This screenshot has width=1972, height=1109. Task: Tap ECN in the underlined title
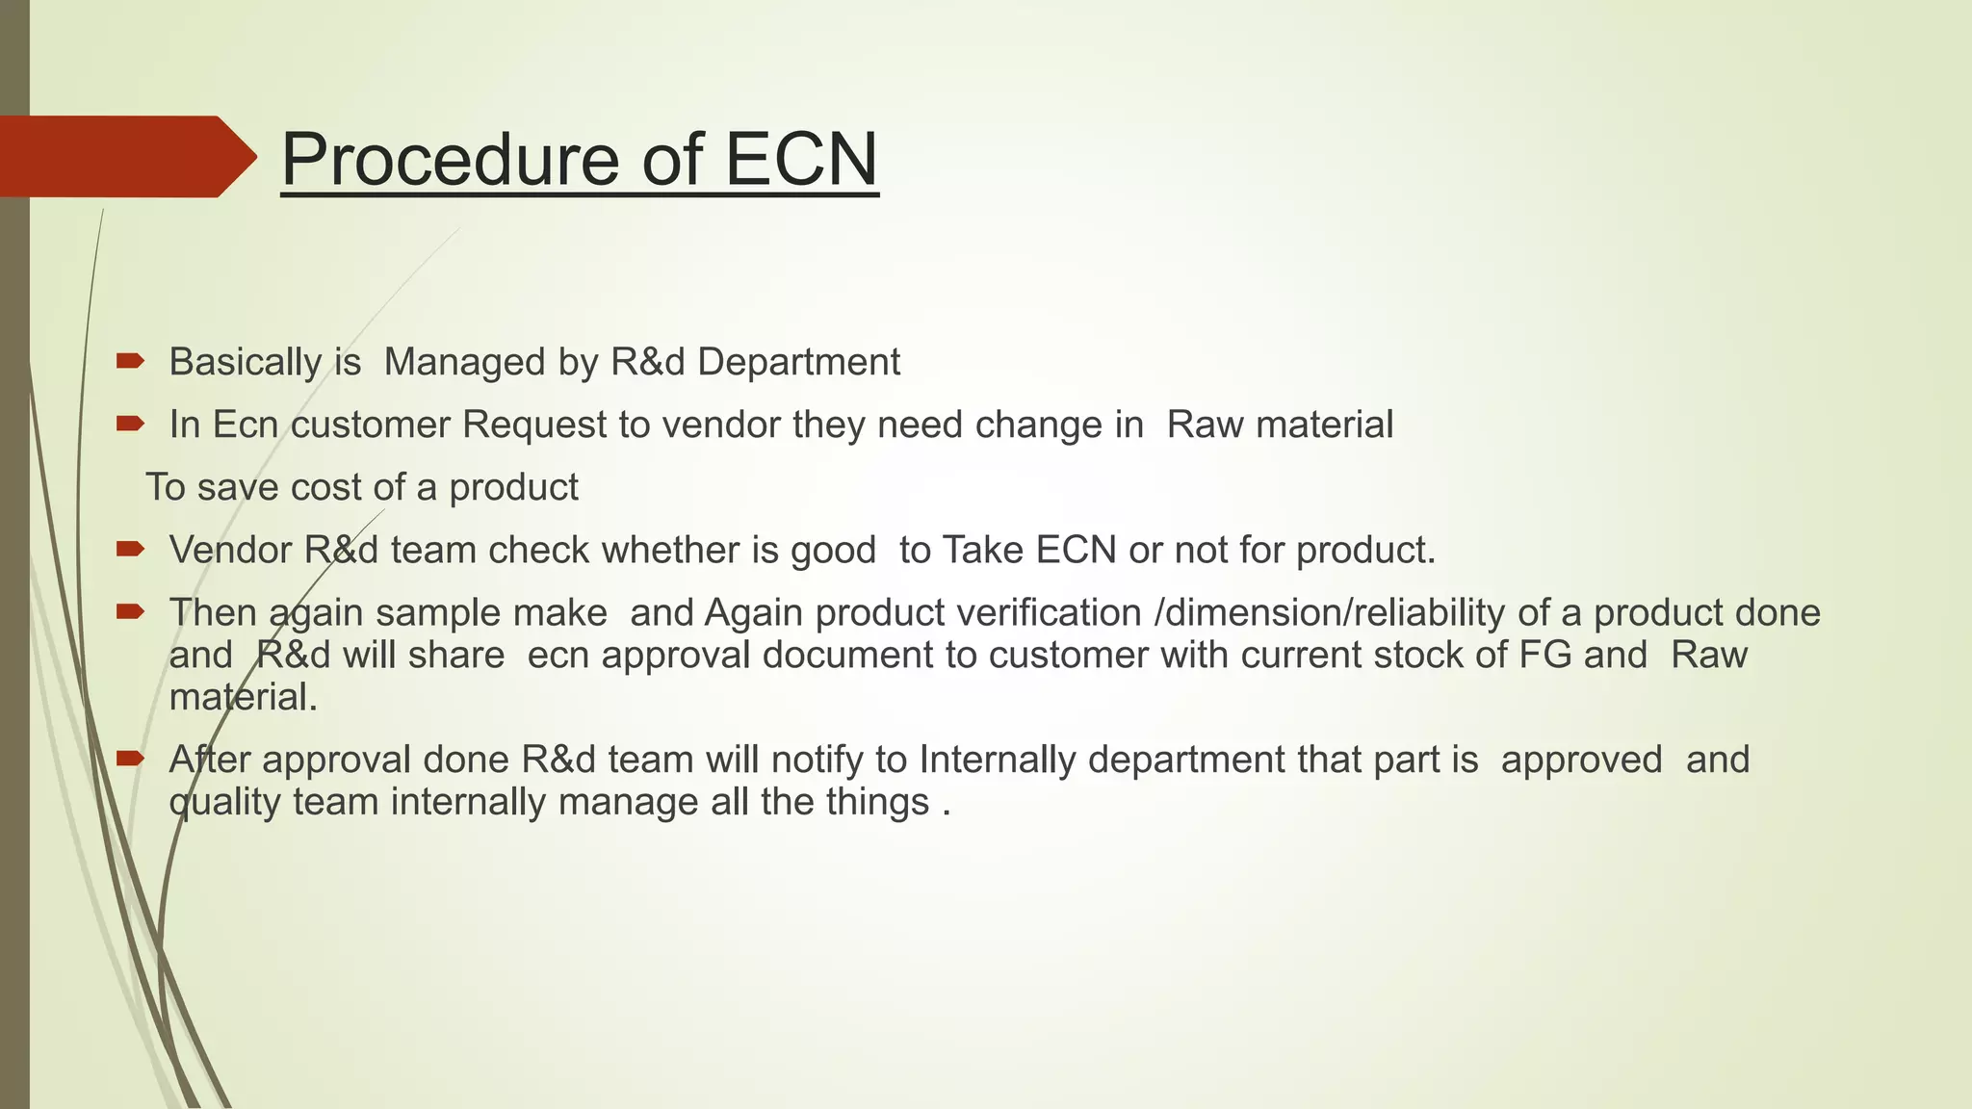(x=800, y=160)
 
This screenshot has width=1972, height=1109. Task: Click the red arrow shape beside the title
(x=125, y=157)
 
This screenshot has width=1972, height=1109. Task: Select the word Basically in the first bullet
(x=245, y=363)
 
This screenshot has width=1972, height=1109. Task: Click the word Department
(x=798, y=363)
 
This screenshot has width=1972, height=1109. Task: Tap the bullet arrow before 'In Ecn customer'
(x=130, y=424)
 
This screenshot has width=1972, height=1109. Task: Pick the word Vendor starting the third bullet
(x=230, y=551)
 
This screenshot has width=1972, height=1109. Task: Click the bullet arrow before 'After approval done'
(x=130, y=759)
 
